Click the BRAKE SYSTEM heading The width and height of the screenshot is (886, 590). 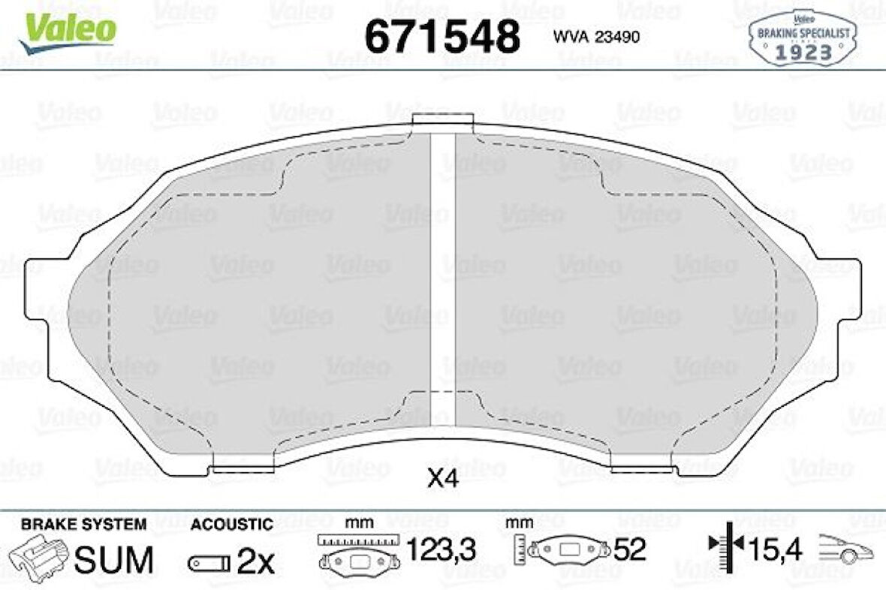point(83,524)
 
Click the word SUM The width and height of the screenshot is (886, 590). point(115,560)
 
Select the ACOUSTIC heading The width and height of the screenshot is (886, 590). point(231,524)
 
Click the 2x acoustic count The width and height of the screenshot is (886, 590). point(256,560)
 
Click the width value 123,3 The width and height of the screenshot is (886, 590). point(441,552)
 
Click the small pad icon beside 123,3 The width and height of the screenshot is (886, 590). point(357,560)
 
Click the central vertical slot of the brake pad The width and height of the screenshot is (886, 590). point(442,263)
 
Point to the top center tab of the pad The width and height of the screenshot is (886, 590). point(442,120)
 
